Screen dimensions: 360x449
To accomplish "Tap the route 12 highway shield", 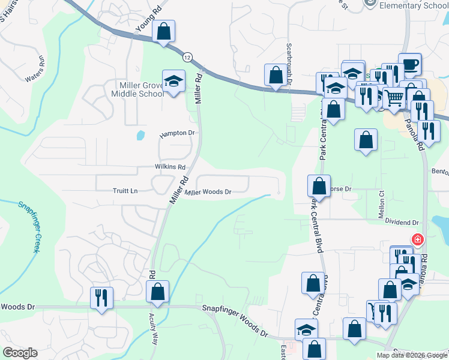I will coord(188,56).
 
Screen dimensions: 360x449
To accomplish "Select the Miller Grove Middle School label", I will coord(137,89).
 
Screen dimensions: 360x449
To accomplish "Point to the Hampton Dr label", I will coord(178,133).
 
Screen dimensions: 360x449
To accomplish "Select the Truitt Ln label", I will coord(125,191).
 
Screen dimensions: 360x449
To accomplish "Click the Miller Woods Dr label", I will coord(208,192).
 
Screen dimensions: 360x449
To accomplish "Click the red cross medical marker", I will coord(417,240).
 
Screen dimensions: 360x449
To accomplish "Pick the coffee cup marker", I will coord(409,64).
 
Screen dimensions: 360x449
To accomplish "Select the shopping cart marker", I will coord(394,97).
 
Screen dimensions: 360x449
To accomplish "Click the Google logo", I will coord(20,353).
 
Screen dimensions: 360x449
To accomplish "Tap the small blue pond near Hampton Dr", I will coord(140,135).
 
